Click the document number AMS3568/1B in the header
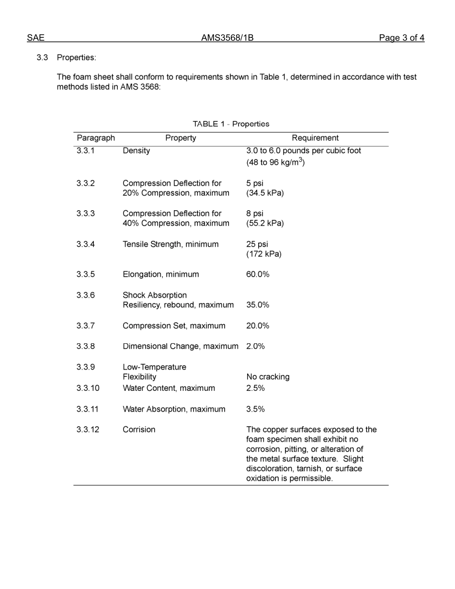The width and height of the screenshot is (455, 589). [x=227, y=38]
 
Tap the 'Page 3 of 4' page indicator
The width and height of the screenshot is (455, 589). [x=401, y=38]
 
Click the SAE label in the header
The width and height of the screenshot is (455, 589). [x=35, y=38]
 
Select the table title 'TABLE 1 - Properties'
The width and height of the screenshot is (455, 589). [x=231, y=124]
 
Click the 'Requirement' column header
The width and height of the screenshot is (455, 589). [x=315, y=138]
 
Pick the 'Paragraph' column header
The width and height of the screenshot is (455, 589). [x=96, y=138]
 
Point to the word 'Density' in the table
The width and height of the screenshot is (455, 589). [x=136, y=151]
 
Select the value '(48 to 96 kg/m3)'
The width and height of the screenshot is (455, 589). [x=275, y=162]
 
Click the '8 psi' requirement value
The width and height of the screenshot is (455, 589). [x=255, y=214]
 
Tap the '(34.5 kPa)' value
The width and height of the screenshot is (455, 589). [x=265, y=193]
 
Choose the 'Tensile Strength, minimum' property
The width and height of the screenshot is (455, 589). [x=171, y=244]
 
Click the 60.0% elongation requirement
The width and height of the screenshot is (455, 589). [x=258, y=274]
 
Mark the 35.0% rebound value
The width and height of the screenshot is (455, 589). [x=258, y=305]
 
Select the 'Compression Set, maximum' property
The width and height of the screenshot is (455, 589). [x=174, y=326]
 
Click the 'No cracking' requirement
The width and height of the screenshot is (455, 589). [x=268, y=377]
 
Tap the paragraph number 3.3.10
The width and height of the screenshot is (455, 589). [x=88, y=388]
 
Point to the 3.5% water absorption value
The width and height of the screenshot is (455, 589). [x=255, y=409]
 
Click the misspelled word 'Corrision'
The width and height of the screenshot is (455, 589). [x=139, y=430]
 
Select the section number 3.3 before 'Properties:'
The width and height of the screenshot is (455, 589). [x=42, y=57]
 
